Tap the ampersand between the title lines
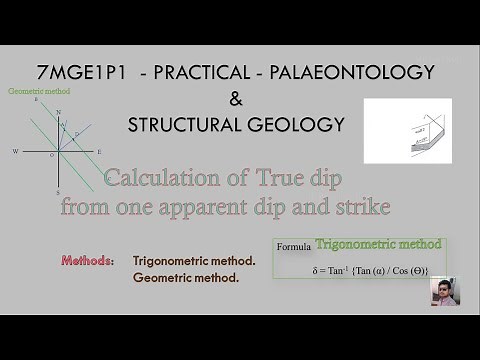(236, 99)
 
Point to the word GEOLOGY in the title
(301, 125)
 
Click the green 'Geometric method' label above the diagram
(38, 91)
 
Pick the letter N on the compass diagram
(58, 112)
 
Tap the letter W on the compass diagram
(15, 152)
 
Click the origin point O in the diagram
(53, 155)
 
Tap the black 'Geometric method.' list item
(186, 277)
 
